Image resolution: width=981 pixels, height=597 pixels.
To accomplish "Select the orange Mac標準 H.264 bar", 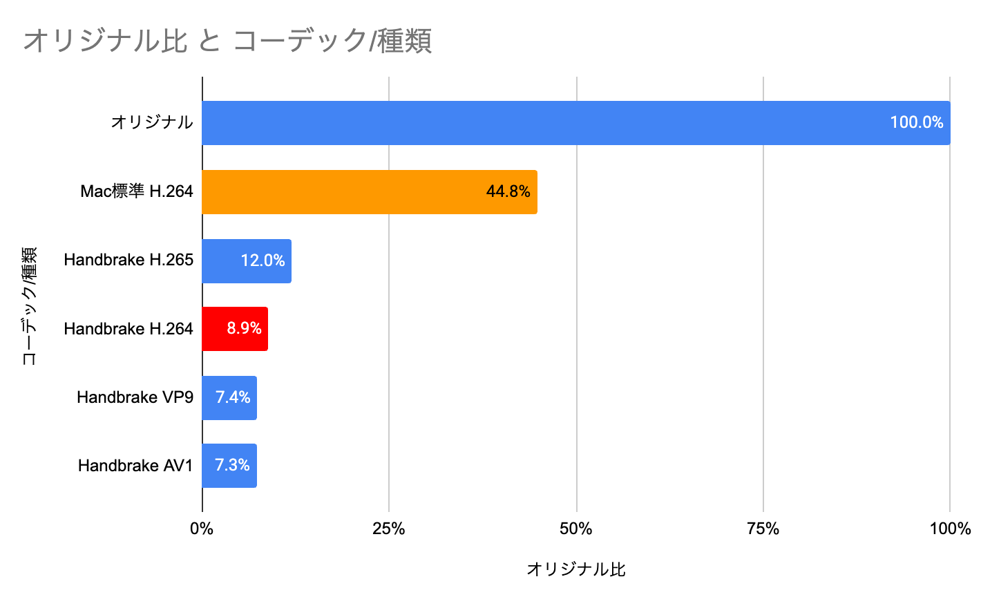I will tap(345, 191).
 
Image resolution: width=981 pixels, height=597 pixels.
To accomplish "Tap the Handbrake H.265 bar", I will tap(221, 260).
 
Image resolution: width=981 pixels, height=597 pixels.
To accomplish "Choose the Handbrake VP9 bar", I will tap(208, 397).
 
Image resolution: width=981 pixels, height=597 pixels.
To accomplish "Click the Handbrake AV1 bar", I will tap(207, 466).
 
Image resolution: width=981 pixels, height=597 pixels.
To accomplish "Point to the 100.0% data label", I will tap(916, 123).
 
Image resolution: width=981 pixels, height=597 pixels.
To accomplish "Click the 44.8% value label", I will tap(508, 191).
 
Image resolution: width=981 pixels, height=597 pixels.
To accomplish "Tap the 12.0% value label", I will tap(263, 260).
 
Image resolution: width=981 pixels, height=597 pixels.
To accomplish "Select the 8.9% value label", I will tap(244, 329).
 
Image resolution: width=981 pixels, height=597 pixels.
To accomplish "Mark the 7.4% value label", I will tap(233, 397).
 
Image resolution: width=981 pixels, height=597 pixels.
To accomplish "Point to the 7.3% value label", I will tap(232, 466).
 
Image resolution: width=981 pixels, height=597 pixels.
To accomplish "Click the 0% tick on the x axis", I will tap(202, 529).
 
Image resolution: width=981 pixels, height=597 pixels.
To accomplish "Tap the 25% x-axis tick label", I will tap(389, 529).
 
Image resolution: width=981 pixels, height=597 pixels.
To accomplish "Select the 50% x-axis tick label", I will tap(576, 529).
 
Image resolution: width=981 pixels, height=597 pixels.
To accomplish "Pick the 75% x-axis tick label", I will tap(763, 529).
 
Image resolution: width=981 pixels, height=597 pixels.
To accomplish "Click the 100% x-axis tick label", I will tap(950, 529).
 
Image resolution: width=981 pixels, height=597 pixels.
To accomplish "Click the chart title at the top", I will tap(228, 41).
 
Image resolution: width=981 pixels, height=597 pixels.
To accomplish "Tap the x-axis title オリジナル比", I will tap(576, 569).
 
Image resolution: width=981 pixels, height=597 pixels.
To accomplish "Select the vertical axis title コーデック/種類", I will tap(29, 305).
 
